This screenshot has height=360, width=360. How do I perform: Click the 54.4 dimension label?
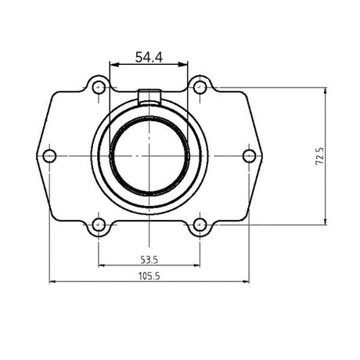click(x=149, y=56)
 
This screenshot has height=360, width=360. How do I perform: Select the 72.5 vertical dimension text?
click(x=319, y=157)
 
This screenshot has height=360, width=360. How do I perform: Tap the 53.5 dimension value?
click(x=149, y=258)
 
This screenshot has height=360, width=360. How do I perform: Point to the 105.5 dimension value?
click(x=149, y=275)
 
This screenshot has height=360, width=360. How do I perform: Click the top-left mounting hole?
click(x=99, y=87)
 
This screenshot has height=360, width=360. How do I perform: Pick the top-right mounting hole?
click(x=200, y=87)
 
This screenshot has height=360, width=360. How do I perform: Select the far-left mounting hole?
click(x=49, y=156)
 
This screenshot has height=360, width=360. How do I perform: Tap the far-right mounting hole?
click(x=249, y=156)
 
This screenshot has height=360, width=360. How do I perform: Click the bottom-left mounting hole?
click(x=99, y=225)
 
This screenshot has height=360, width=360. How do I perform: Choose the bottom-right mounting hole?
click(x=200, y=225)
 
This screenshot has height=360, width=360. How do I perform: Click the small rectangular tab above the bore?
click(x=149, y=96)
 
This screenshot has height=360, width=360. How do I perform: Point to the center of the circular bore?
click(x=149, y=156)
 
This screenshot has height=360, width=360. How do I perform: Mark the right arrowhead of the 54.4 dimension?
click(x=185, y=65)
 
